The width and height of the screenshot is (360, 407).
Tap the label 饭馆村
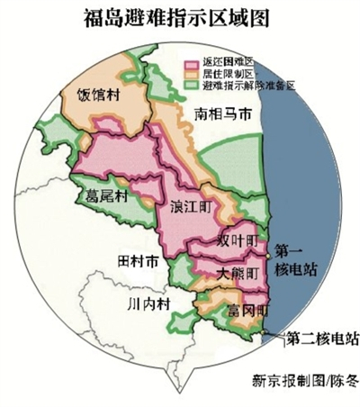(98, 94)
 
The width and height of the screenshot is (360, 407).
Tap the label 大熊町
(239, 272)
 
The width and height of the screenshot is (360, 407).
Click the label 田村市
(139, 261)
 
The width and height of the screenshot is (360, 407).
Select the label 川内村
(148, 303)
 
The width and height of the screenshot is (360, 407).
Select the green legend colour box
(191, 86)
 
